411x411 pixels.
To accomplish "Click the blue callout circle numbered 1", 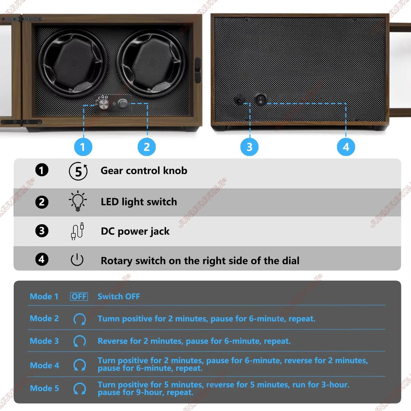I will pyautogui.click(x=83, y=147).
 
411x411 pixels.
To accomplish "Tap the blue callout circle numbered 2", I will pyautogui.click(x=146, y=147).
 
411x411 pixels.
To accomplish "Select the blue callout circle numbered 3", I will pyautogui.click(x=249, y=147).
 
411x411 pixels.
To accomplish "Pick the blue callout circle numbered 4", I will pyautogui.click(x=346, y=147).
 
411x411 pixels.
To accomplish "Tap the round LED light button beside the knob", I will pyautogui.click(x=122, y=104).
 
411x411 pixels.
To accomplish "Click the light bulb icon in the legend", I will pyautogui.click(x=77, y=201).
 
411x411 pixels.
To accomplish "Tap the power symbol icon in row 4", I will pyautogui.click(x=77, y=260).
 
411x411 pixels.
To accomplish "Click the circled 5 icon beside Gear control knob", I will pyautogui.click(x=78, y=171).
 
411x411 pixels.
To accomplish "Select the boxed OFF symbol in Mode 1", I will pyautogui.click(x=79, y=297).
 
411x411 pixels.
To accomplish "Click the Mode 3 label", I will pyautogui.click(x=44, y=341).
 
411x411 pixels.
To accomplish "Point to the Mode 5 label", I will pyautogui.click(x=44, y=389).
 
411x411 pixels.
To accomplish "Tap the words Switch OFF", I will pyautogui.click(x=119, y=297).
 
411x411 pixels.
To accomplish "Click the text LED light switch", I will pyautogui.click(x=138, y=202).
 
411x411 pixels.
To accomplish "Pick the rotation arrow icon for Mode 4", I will pyautogui.click(x=79, y=365).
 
